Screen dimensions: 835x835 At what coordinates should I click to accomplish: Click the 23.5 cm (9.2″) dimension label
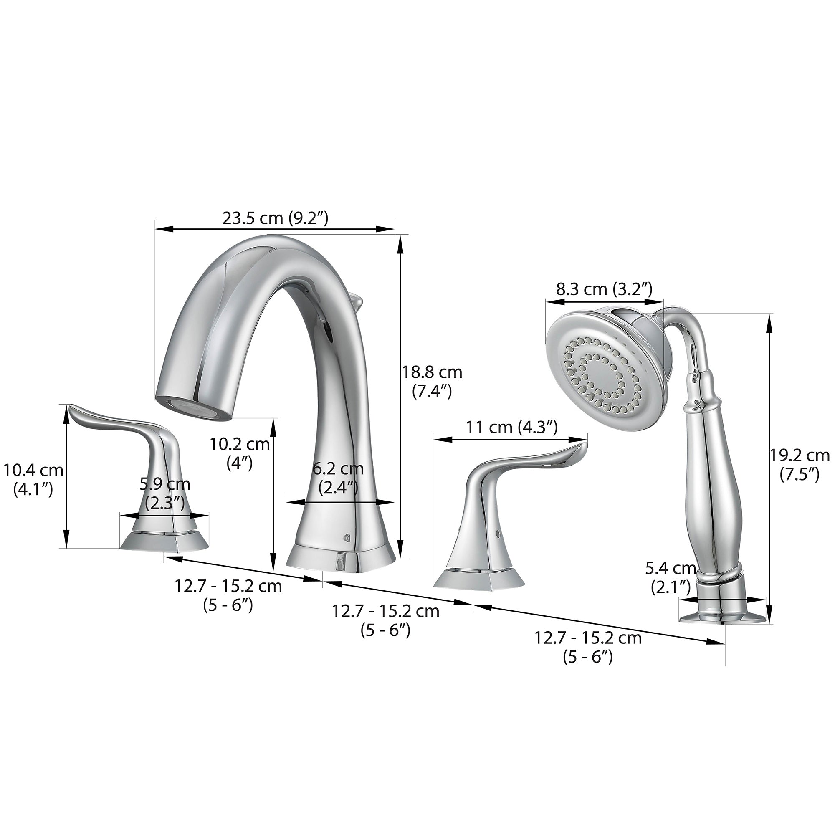point(275,218)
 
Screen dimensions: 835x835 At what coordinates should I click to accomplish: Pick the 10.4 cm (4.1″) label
point(33,480)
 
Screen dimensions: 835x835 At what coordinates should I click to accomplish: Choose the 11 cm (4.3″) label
point(512,428)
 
